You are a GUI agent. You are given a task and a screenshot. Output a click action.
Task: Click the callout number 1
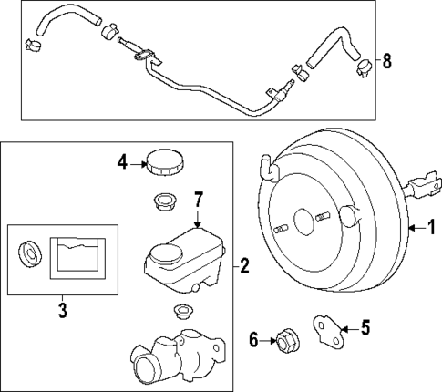coord(431,228)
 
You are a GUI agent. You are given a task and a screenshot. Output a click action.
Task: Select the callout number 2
coord(243,266)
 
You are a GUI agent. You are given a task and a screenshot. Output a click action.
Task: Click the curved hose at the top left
coord(64,18)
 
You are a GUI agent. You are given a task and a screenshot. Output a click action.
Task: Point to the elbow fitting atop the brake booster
coord(268,168)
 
